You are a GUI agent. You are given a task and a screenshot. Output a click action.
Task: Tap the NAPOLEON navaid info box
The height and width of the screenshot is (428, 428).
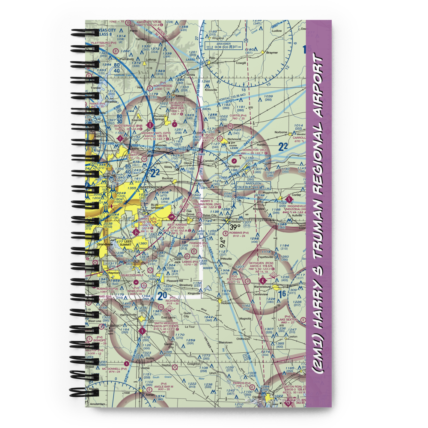point(253,185)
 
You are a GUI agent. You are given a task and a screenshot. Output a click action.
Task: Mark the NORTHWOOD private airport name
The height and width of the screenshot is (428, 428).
point(162,86)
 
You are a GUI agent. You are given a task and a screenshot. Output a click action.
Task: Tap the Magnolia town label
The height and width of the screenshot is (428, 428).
point(245,318)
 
